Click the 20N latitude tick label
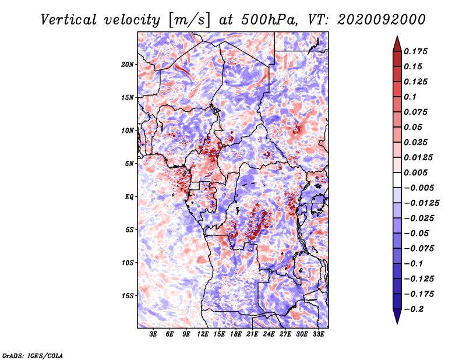pos(128,65)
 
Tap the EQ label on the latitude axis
pos(129,197)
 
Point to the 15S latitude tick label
pos(128,296)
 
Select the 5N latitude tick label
pos(129,164)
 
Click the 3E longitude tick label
pos(153,334)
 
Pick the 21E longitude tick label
pos(252,334)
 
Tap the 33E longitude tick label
pos(318,334)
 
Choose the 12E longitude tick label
pos(203,334)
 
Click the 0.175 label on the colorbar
pos(416,51)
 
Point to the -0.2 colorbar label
pos(414,309)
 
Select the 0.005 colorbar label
pos(416,172)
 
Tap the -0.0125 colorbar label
pos(421,203)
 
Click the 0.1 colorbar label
pos(410,97)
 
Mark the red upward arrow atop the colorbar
pos(397,44)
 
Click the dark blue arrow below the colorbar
pos(397,316)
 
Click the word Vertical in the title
pos(69,20)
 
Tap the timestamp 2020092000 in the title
pos(382,20)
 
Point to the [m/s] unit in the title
pos(189,20)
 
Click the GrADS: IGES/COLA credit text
pos(33,355)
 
